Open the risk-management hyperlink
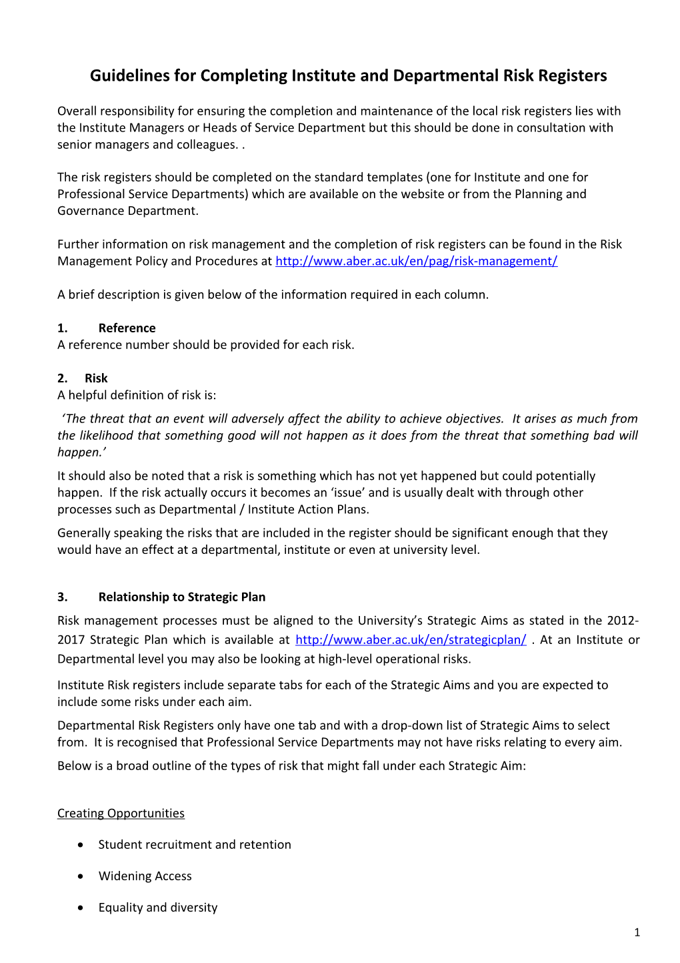pos(416,261)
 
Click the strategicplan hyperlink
pos(411,639)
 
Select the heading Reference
pos(127,328)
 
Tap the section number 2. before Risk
pos(63,378)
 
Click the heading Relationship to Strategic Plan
pos(181,597)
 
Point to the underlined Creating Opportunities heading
pos(121,813)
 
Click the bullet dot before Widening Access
pos(81,876)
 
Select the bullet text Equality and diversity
pos(158,907)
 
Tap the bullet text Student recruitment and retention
pos(195,844)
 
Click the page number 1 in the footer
pos(637,932)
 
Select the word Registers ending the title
pos(573,75)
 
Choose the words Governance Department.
pos(127,211)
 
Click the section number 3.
pos(63,597)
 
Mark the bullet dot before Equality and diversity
pos(81,908)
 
